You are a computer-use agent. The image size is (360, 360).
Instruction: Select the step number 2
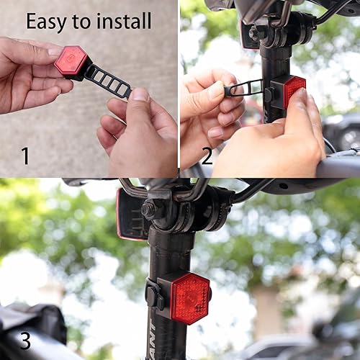click(x=207, y=156)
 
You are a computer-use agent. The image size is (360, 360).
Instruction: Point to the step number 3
click(x=24, y=340)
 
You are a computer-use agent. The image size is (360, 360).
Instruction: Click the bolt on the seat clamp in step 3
click(x=149, y=210)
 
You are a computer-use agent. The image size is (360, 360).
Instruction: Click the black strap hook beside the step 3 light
click(x=153, y=295)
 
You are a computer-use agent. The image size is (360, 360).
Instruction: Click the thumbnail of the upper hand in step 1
click(x=53, y=51)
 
